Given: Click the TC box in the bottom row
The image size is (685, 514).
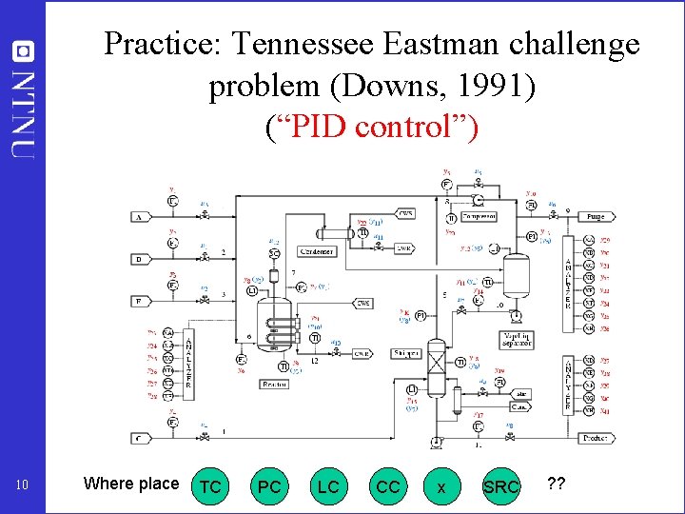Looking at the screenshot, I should (x=211, y=485).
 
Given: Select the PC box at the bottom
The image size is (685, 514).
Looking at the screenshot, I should (x=270, y=485).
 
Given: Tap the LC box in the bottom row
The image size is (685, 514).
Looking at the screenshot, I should (x=328, y=485).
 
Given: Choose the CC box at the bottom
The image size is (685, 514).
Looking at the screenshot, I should (x=388, y=485).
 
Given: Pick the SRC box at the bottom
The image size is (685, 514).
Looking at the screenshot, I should (x=501, y=485).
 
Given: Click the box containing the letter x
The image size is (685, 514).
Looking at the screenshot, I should (x=440, y=485).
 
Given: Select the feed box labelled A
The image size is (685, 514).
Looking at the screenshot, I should (x=139, y=217).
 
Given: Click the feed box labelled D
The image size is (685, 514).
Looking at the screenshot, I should (x=139, y=259).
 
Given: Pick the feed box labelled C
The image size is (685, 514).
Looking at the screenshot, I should (x=139, y=439).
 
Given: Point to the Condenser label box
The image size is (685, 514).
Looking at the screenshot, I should (x=316, y=251).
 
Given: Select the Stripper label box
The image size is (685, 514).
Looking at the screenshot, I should (x=406, y=353).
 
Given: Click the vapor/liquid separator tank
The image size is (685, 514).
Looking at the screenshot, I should (x=516, y=275).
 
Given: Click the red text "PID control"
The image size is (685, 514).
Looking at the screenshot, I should (x=371, y=128).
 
